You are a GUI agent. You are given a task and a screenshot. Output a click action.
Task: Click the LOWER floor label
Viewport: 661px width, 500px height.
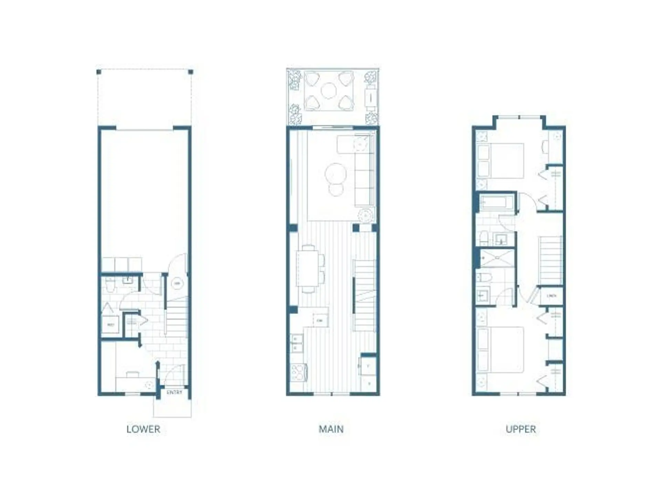[x=143, y=429]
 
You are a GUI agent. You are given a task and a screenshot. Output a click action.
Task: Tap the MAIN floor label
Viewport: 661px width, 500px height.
[x=331, y=429]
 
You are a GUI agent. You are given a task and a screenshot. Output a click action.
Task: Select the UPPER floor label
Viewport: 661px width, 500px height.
[x=521, y=429]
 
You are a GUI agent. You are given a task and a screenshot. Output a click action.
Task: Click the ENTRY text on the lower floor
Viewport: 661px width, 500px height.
[x=174, y=392]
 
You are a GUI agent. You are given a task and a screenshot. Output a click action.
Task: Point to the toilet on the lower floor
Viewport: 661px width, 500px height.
[x=110, y=285]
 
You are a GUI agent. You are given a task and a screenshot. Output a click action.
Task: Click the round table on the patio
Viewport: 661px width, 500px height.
[x=328, y=91]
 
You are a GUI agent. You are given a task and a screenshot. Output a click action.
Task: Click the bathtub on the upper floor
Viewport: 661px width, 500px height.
[x=495, y=202]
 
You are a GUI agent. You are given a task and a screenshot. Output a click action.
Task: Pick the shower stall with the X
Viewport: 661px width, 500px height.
[x=497, y=258]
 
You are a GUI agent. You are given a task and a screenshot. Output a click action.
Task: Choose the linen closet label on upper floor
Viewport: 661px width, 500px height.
[x=551, y=296]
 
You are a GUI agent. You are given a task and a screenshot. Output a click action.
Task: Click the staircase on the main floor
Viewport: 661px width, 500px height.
[x=364, y=296]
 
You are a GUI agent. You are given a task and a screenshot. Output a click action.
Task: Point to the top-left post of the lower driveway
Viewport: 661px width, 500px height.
[x=99, y=72]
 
